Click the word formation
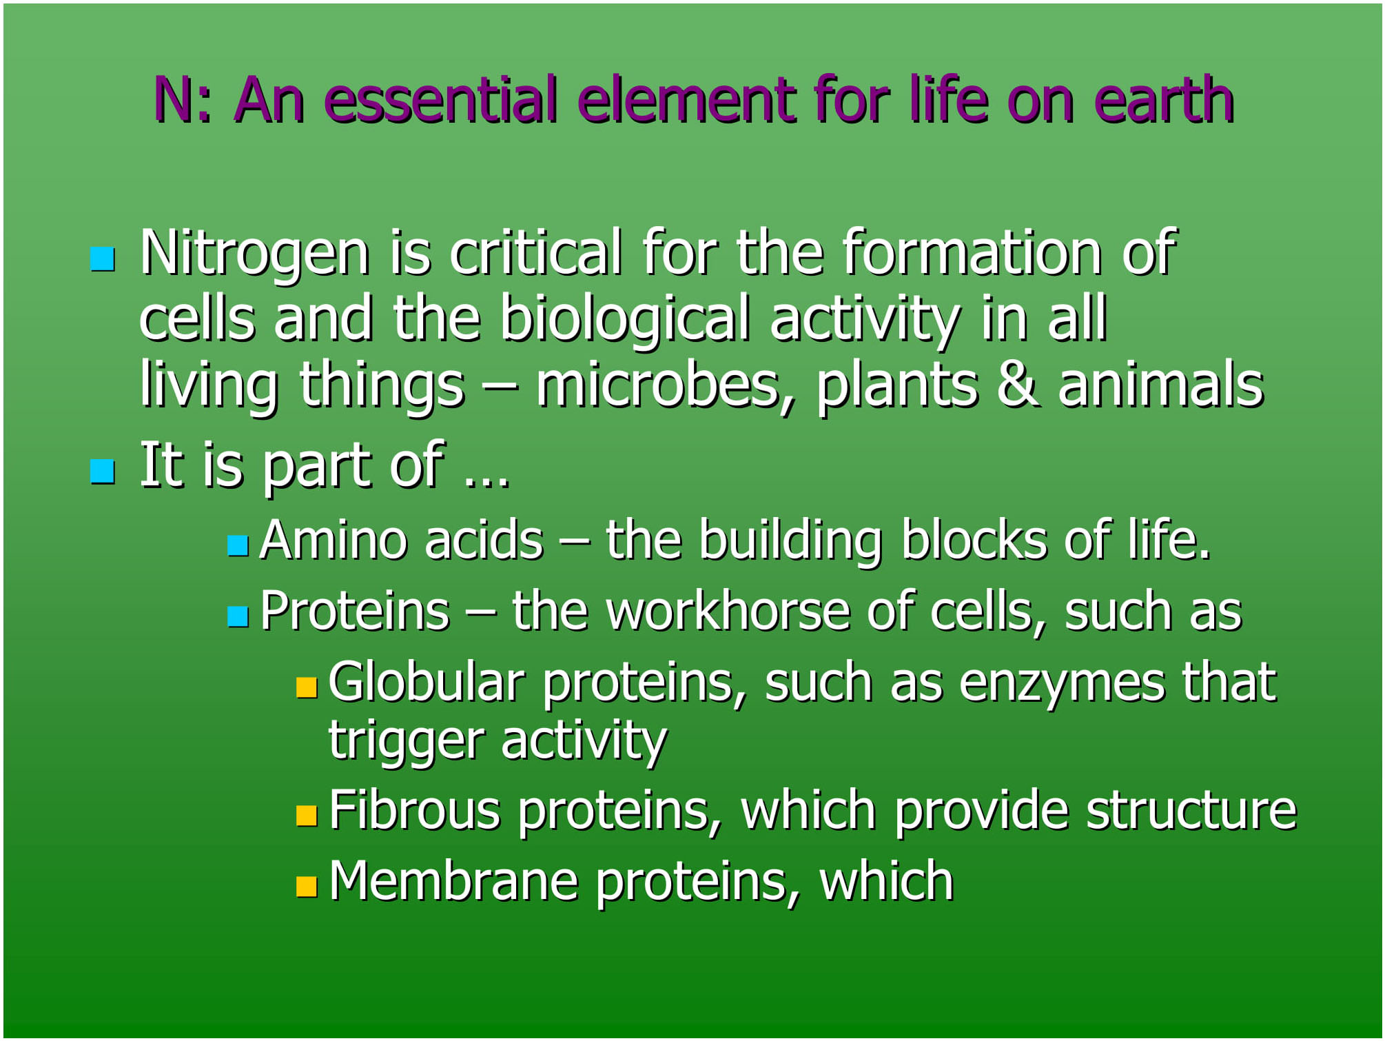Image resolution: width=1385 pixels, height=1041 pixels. (x=972, y=253)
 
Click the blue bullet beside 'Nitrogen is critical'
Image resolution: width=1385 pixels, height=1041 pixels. (x=103, y=259)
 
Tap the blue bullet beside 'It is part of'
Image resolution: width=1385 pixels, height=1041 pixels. (x=103, y=472)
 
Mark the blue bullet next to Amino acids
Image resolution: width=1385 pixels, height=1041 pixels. (x=238, y=545)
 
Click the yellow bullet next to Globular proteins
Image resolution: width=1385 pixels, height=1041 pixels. (x=307, y=687)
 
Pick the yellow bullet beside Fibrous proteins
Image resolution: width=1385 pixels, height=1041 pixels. (x=307, y=816)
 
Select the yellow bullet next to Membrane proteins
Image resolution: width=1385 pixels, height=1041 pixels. (x=307, y=887)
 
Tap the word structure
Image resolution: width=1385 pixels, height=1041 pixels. (x=1192, y=810)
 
